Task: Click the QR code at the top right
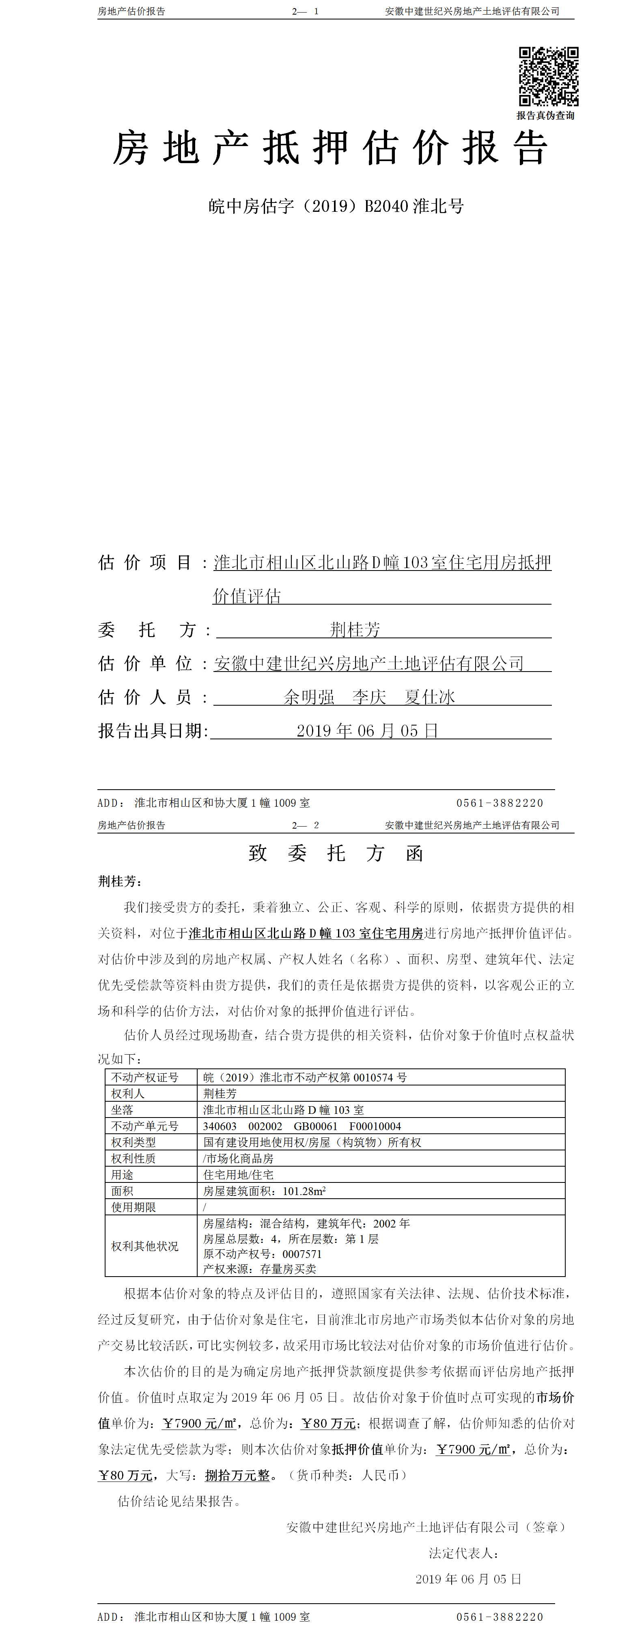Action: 549,76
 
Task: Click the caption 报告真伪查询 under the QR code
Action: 545,116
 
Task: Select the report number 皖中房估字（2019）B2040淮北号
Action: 336,206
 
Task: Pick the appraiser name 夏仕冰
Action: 430,697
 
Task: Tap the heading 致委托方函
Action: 336,854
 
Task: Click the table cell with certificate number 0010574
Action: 305,1077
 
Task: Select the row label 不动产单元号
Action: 145,1126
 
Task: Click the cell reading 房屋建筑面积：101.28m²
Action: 264,1191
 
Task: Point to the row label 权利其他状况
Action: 145,1246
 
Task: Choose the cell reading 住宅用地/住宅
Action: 238,1175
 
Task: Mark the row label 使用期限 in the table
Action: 134,1207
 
